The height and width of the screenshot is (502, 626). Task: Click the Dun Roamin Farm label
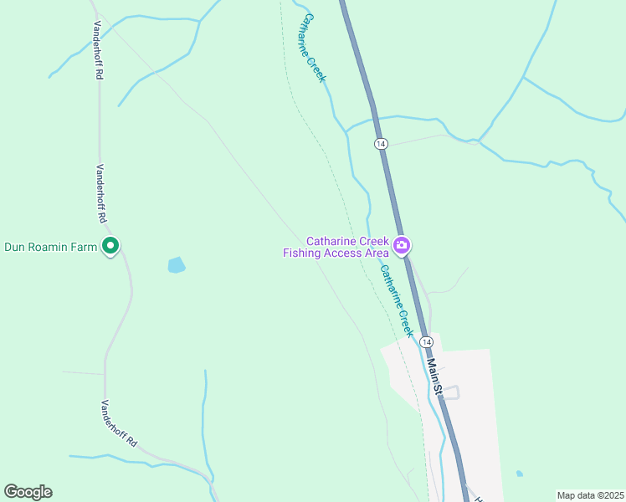52,246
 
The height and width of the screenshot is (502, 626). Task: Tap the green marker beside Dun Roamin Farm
110,246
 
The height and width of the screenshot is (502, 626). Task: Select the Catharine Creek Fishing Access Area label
337,247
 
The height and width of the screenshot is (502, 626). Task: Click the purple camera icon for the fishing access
402,246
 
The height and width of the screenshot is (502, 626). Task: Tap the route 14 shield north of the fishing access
381,144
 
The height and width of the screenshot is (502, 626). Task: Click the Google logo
28,492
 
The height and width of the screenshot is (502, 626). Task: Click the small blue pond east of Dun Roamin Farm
177,265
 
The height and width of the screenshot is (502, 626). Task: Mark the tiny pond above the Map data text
520,474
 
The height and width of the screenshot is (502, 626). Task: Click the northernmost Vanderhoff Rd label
98,50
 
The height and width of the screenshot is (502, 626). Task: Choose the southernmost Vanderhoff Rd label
119,423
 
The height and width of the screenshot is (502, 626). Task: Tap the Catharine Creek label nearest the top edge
314,47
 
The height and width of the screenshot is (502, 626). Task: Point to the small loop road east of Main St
452,392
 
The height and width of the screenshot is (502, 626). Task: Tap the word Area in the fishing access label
374,253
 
